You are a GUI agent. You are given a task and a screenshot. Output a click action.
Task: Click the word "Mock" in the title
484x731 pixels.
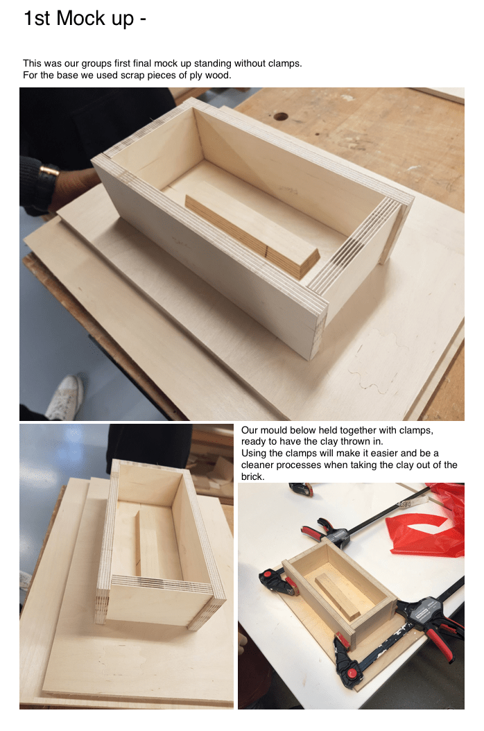80,19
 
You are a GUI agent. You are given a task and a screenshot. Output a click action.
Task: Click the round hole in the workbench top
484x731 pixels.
280,116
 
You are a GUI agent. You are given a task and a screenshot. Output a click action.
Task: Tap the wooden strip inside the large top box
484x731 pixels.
252,238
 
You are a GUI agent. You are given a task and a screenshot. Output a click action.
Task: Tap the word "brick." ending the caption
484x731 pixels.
252,477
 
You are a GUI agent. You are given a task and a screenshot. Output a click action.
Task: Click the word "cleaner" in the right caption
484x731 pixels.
258,465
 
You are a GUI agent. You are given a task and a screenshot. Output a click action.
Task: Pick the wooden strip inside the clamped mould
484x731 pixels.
338,596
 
